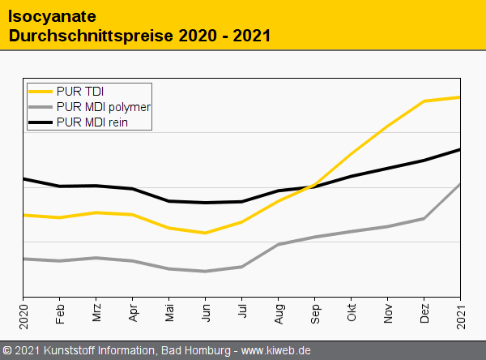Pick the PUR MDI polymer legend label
tap(104, 106)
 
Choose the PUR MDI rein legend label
tap(93, 122)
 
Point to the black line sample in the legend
tap(40, 122)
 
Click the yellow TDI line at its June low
tap(205, 233)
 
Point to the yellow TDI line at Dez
tap(424, 101)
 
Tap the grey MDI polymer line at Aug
tap(278, 244)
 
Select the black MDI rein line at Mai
tap(168, 201)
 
